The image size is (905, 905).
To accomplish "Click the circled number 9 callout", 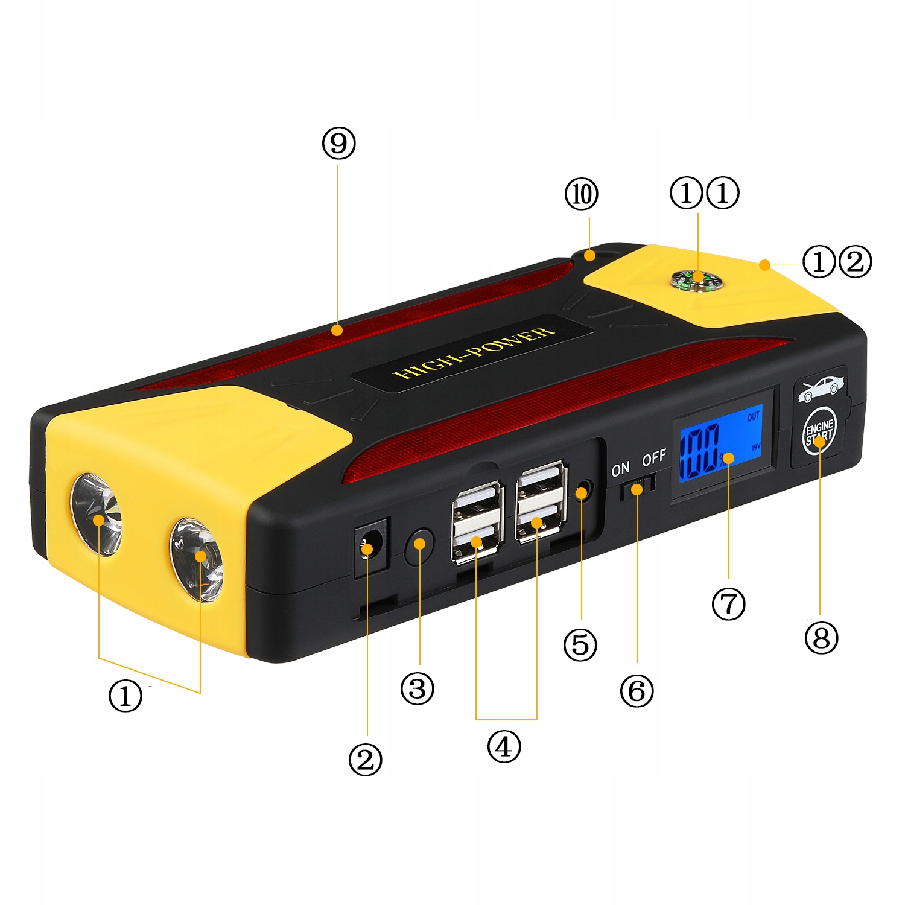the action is coord(338,144).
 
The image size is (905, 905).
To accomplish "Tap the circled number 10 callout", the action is coord(581,194).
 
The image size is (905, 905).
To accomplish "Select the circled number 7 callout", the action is coord(728,604).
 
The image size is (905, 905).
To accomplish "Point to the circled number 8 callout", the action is coord(821,637).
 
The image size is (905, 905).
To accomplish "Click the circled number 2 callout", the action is coord(365,760).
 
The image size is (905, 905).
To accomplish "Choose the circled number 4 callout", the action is coord(504,746).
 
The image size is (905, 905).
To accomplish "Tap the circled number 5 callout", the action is coord(580,644).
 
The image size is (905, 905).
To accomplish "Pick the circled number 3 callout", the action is coord(417,688).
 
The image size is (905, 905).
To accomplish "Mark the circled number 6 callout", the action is coord(637,691).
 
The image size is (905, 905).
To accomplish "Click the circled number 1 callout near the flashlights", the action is coord(125,696).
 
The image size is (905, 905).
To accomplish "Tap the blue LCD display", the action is coord(721,443).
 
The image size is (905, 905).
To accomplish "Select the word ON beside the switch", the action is coord(620,469).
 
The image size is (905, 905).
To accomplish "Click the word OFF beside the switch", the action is coord(654,458).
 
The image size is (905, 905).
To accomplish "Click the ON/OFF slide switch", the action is coord(637,486).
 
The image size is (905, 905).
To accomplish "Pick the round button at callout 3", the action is coord(419,545).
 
